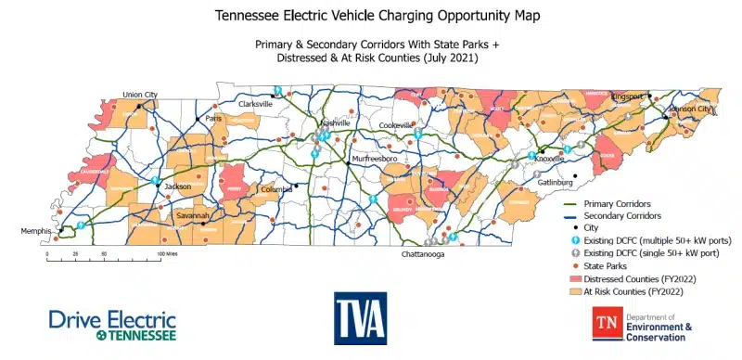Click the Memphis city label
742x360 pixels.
[38, 230]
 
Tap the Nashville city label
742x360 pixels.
[335, 123]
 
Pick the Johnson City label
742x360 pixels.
[694, 109]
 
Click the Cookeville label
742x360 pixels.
[396, 124]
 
